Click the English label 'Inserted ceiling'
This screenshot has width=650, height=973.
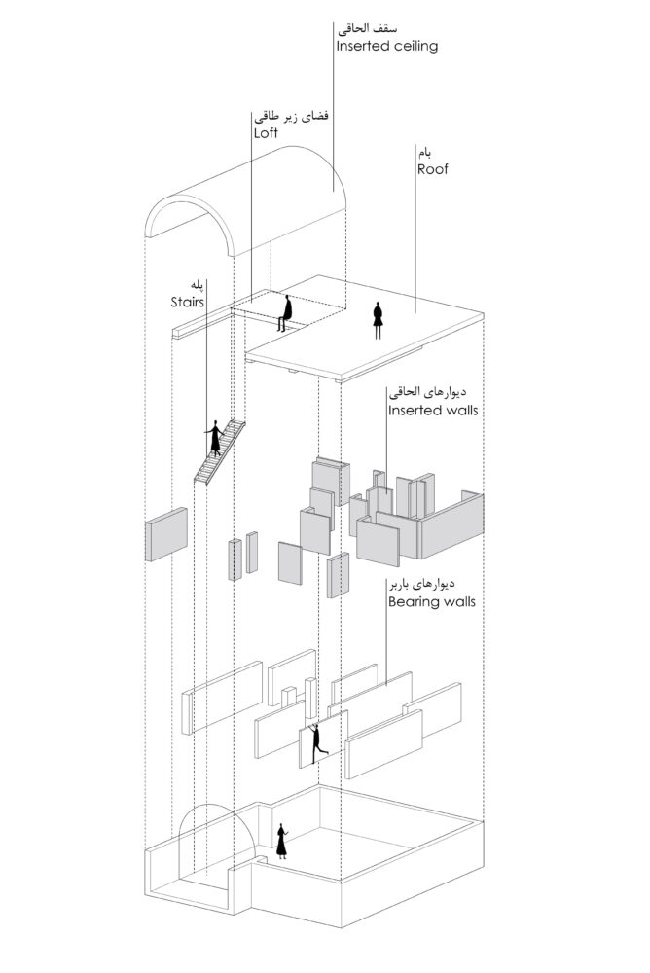click(x=386, y=46)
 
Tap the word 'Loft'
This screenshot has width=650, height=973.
click(x=266, y=132)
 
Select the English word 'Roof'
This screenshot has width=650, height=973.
click(x=433, y=167)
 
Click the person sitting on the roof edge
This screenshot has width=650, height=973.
click(x=286, y=313)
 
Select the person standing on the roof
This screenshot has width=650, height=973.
click(x=379, y=320)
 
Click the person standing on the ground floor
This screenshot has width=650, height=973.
click(x=282, y=842)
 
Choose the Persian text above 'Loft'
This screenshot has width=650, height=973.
click(x=290, y=116)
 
